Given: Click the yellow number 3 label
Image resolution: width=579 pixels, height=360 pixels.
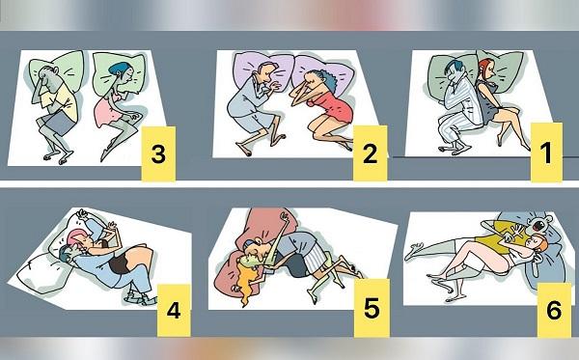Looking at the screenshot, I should coord(159,152).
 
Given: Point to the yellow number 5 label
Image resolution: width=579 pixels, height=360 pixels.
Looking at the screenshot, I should coord(369,311).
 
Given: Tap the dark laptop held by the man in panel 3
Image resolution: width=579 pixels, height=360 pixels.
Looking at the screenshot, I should coord(54,121).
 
